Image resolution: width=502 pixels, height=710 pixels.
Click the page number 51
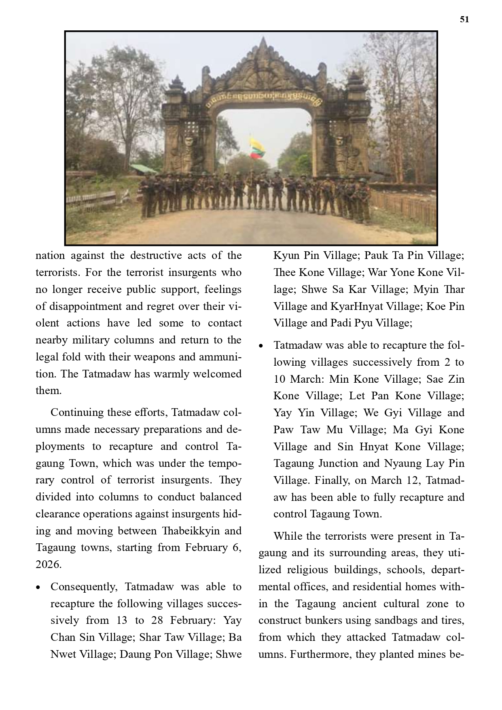[x=464, y=19]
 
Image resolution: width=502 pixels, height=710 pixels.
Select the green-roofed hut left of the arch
[x=144, y=168]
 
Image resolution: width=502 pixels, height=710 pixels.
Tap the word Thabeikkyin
[x=190, y=531]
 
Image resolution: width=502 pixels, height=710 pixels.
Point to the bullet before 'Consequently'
[x=38, y=587]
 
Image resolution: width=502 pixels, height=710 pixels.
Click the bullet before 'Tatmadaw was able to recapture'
[x=261, y=346]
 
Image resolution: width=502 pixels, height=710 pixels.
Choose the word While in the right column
[x=288, y=536]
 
